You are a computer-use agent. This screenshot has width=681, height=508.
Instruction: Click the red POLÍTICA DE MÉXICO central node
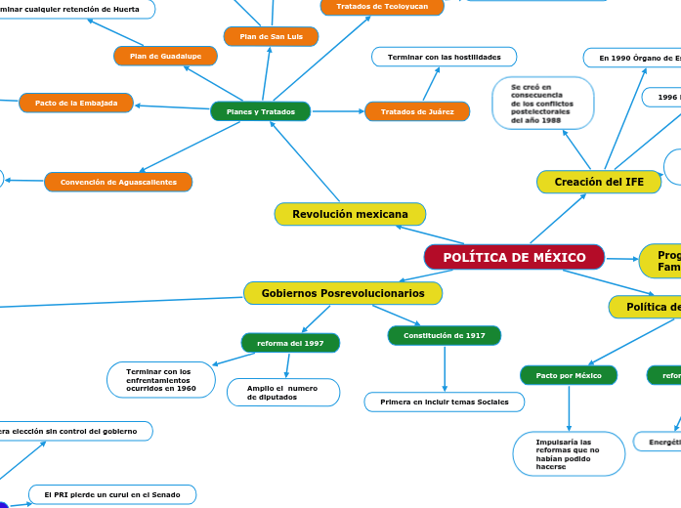(x=514, y=258)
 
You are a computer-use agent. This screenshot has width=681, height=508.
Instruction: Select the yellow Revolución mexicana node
(x=350, y=214)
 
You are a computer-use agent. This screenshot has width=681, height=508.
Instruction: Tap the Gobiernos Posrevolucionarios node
(x=343, y=293)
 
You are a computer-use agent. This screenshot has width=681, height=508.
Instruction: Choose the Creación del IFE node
(x=599, y=182)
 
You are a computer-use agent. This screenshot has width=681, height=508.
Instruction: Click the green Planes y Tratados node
(x=260, y=111)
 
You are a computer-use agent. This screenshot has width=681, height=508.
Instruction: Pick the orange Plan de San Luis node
(x=271, y=36)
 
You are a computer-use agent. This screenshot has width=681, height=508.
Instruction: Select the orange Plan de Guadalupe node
(x=165, y=56)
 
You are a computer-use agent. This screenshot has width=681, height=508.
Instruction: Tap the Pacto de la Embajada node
(x=76, y=103)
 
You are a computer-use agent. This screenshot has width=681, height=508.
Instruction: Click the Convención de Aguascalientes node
(x=118, y=182)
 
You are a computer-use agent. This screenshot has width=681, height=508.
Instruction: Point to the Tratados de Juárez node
(x=417, y=111)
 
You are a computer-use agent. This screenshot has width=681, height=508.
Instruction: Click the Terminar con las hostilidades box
(x=444, y=57)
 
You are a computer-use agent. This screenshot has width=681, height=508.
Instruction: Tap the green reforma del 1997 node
(x=290, y=343)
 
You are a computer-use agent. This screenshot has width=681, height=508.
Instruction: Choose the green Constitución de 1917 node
(x=445, y=335)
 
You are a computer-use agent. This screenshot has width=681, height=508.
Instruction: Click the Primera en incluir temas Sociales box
(x=445, y=402)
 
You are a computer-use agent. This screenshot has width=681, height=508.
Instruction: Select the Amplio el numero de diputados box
(x=283, y=392)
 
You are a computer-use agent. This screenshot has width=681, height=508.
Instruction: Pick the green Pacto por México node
(x=569, y=375)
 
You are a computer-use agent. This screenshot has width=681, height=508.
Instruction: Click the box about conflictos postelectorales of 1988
(x=543, y=103)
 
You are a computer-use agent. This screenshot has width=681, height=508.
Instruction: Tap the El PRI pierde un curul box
(x=112, y=494)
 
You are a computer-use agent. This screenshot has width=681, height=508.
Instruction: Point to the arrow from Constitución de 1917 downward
(x=445, y=368)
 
